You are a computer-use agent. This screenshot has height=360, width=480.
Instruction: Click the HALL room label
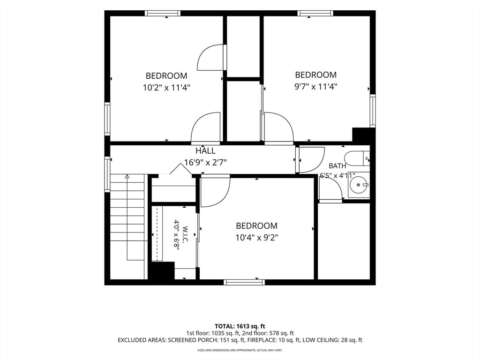(x=205, y=150)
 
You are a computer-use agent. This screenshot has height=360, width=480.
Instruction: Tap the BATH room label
(x=337, y=166)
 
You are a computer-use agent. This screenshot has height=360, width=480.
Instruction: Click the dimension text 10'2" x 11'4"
(x=166, y=88)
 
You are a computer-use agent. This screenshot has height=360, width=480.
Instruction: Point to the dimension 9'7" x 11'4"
(x=315, y=87)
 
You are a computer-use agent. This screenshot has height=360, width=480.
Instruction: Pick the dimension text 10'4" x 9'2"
(x=256, y=238)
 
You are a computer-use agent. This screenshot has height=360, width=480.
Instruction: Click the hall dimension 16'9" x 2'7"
(x=205, y=162)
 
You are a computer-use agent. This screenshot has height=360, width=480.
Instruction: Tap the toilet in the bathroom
(x=357, y=158)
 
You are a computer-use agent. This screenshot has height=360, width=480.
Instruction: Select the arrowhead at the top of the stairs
(x=127, y=176)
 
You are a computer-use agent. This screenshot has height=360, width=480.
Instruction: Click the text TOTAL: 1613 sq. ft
(x=240, y=326)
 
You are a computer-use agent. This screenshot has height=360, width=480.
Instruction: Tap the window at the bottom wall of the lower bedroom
(x=244, y=282)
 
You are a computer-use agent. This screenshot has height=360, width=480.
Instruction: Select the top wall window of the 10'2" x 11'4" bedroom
(x=163, y=13)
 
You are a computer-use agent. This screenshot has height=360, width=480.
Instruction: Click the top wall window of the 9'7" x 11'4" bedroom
(x=315, y=13)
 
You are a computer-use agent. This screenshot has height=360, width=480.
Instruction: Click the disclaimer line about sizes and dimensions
(x=240, y=350)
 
